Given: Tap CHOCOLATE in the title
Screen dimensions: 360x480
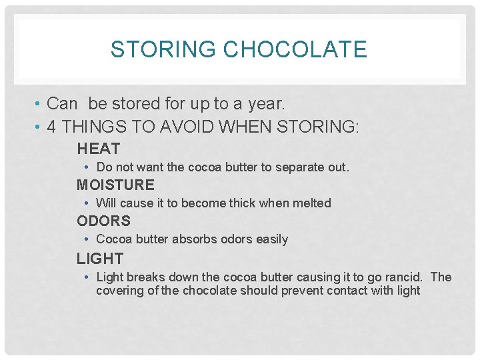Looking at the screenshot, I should tap(295, 49).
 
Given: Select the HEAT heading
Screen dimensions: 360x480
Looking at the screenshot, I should tap(98, 149).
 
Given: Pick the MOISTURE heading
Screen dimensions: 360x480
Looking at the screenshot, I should tap(115, 185).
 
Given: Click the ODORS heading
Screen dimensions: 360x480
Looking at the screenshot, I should tap(103, 221).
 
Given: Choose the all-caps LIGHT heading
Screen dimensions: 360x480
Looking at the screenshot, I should tap(100, 258).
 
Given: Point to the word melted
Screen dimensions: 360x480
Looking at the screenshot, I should tap(311, 203).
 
